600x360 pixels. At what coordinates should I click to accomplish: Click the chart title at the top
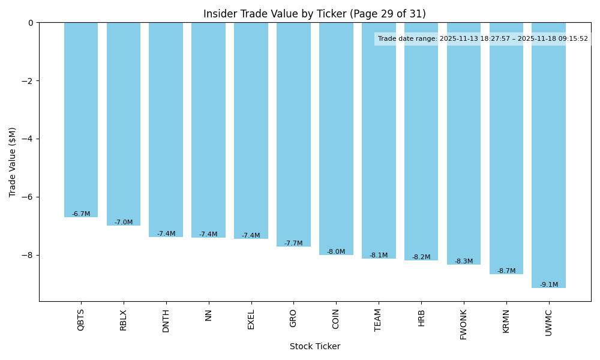click(314, 14)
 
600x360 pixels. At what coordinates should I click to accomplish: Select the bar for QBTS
click(81, 120)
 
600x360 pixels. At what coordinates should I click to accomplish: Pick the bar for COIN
click(336, 139)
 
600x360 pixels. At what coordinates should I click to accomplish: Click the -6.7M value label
click(81, 214)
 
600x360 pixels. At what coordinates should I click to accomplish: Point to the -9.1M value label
click(548, 285)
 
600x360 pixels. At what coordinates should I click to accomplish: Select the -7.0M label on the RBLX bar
click(124, 223)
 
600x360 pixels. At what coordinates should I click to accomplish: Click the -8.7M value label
click(506, 271)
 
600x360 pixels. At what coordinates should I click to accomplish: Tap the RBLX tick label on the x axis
click(124, 320)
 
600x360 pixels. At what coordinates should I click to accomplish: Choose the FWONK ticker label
click(464, 325)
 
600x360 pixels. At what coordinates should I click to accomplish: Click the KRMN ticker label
click(506, 321)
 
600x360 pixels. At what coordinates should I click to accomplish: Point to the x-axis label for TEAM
click(379, 320)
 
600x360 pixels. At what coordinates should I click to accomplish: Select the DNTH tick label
click(166, 320)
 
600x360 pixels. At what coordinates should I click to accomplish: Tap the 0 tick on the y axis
click(31, 23)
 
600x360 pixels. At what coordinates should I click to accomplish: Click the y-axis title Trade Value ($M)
click(13, 162)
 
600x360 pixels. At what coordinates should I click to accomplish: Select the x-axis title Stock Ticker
click(314, 347)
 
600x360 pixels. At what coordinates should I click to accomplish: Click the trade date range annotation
click(482, 39)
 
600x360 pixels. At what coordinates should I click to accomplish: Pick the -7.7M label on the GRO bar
click(293, 244)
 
